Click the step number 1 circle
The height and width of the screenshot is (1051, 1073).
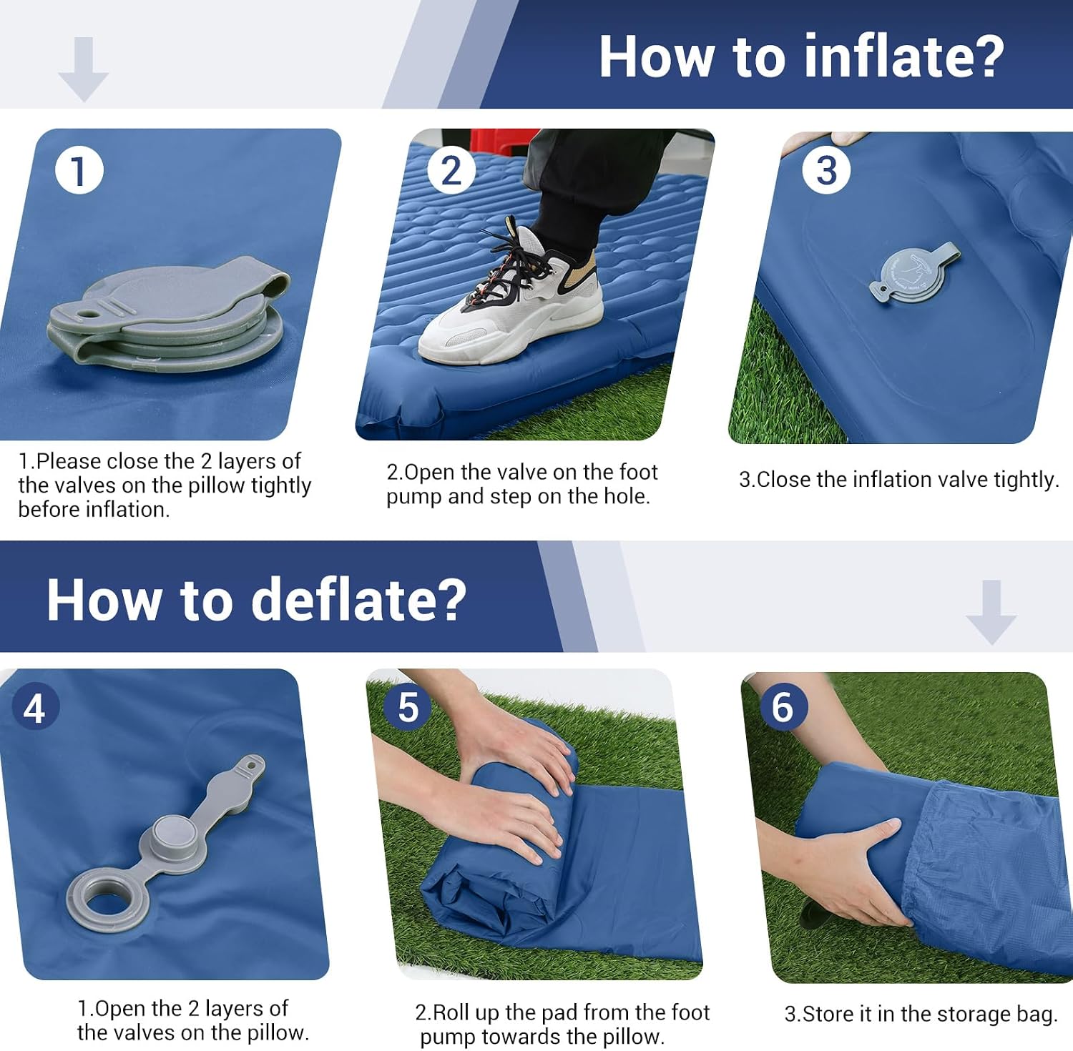[79, 170]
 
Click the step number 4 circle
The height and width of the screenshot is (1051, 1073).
[34, 708]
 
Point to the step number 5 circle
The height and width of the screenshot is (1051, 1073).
[408, 707]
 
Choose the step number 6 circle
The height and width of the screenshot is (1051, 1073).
[783, 707]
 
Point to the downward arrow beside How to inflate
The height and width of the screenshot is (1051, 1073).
[84, 69]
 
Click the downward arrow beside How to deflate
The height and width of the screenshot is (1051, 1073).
[991, 613]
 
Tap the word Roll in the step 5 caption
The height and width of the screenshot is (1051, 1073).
[451, 1012]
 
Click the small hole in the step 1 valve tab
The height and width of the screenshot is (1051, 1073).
[89, 313]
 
